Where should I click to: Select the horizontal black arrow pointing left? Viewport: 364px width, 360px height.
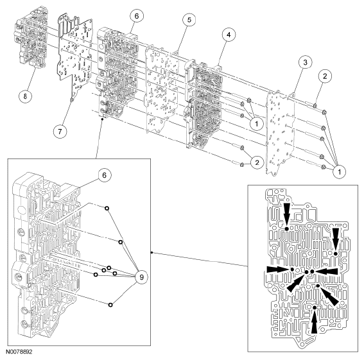point(330,272)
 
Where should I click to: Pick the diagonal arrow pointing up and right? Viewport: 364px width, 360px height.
point(297,285)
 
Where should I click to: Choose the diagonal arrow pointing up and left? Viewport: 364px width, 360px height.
point(328,295)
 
